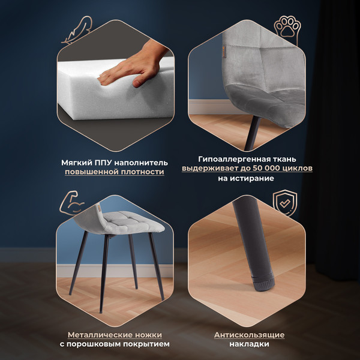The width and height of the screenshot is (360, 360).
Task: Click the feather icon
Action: tap(77, 31)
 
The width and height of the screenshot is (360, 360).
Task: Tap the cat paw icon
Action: tap(287, 29)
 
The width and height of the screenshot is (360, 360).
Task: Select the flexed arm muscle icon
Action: tap(71, 203)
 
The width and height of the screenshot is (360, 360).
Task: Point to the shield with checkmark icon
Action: tap(285, 203)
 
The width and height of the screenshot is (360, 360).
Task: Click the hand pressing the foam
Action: tap(133, 65)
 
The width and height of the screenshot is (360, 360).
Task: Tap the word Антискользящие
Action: tap(249, 335)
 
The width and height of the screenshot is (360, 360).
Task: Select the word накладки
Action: tap(249, 344)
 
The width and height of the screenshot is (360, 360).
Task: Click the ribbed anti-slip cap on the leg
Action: tap(263, 283)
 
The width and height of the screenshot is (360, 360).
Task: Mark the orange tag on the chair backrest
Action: tap(224, 50)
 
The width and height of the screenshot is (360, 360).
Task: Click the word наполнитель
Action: tap(141, 163)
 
